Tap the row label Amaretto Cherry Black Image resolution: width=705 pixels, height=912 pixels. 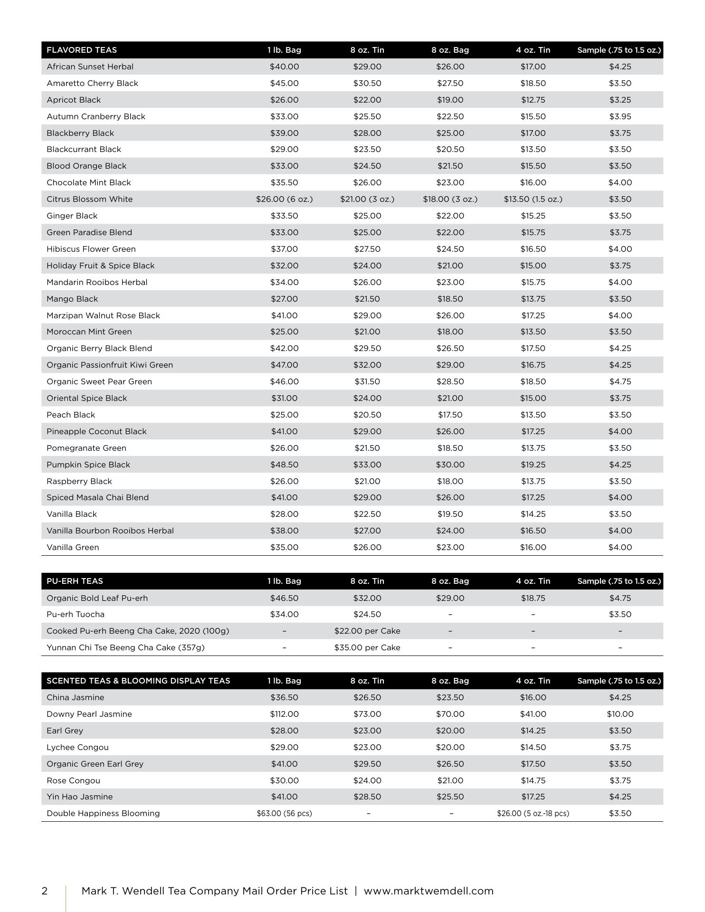click(92, 83)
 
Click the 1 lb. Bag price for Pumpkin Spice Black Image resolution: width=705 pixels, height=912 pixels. click(284, 465)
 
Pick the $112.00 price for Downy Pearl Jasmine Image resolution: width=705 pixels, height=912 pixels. click(284, 714)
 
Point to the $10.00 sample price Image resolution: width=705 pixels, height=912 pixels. click(620, 714)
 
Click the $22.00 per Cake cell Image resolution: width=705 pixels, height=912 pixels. click(367, 631)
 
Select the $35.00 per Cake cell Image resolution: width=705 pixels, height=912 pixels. click(367, 647)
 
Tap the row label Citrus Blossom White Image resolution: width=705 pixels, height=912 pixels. click(89, 199)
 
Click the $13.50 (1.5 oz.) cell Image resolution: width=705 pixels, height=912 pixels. click(533, 199)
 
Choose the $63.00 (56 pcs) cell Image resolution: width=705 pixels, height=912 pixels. click(284, 813)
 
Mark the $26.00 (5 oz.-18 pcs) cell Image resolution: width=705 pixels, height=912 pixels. click(533, 813)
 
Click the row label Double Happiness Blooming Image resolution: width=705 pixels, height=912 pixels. click(103, 813)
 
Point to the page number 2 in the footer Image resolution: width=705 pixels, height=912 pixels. click(45, 891)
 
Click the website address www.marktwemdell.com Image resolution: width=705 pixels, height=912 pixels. click(429, 891)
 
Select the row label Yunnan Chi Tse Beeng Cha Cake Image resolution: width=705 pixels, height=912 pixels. click(125, 647)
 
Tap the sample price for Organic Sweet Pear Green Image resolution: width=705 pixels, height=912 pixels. click(620, 381)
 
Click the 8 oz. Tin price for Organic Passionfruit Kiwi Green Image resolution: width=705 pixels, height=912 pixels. click(367, 365)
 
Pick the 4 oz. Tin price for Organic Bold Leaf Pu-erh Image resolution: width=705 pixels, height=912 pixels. click(533, 598)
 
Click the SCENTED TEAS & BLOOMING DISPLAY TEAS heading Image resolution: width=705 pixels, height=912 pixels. click(138, 681)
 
